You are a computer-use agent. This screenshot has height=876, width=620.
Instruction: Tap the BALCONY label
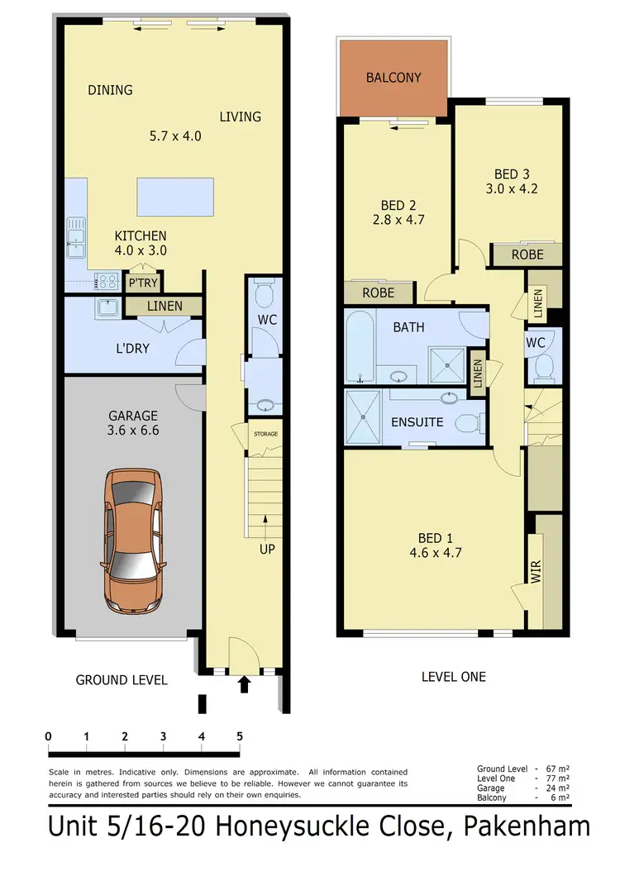[393, 78]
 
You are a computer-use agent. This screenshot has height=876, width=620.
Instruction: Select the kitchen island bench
[174, 196]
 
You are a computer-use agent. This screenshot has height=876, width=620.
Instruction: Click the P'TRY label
[142, 283]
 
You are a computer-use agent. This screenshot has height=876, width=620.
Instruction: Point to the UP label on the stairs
[266, 549]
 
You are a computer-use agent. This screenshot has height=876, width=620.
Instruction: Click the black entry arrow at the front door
[244, 683]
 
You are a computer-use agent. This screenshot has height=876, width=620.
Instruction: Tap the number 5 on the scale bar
[240, 736]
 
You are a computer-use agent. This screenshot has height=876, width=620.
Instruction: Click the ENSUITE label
[417, 422]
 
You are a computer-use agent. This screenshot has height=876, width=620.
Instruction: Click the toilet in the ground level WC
[265, 295]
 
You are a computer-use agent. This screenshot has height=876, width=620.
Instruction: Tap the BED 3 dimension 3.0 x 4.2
[511, 188]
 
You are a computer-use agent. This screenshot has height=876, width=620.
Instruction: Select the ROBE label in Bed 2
[377, 293]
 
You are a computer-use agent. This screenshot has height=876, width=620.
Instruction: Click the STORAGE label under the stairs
[265, 434]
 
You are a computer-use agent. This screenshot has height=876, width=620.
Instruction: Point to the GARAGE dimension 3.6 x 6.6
[132, 430]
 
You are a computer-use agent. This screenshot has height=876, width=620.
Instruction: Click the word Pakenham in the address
[530, 826]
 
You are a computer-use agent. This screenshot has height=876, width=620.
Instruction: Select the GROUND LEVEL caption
[122, 680]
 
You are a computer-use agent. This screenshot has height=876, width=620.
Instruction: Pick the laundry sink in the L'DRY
[107, 308]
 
